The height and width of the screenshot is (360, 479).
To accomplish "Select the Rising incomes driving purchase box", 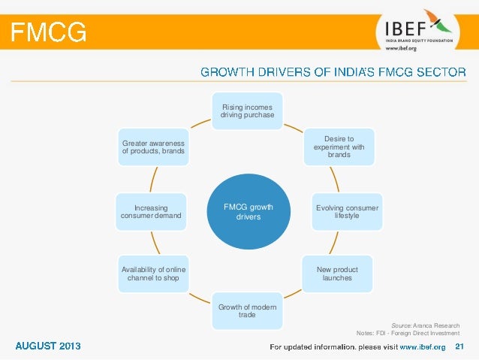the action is coord(247,110).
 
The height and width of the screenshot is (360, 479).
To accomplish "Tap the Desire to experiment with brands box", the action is coord(339,147).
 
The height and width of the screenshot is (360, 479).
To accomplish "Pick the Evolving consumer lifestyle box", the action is coord(347,212).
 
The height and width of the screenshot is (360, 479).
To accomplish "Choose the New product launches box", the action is coord(337,274).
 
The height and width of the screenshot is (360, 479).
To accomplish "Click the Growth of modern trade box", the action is coord(247,310).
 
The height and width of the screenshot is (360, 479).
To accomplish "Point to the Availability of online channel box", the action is coord(154,274).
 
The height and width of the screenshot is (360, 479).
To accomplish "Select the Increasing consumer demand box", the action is coord(150,212).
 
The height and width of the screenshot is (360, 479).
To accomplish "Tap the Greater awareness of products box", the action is coord(153,147).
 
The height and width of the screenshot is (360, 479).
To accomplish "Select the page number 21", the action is coord(460,346).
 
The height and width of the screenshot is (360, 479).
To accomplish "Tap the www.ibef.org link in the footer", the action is coord(423,346).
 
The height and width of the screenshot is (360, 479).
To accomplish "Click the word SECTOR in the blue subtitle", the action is coord(439,72).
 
